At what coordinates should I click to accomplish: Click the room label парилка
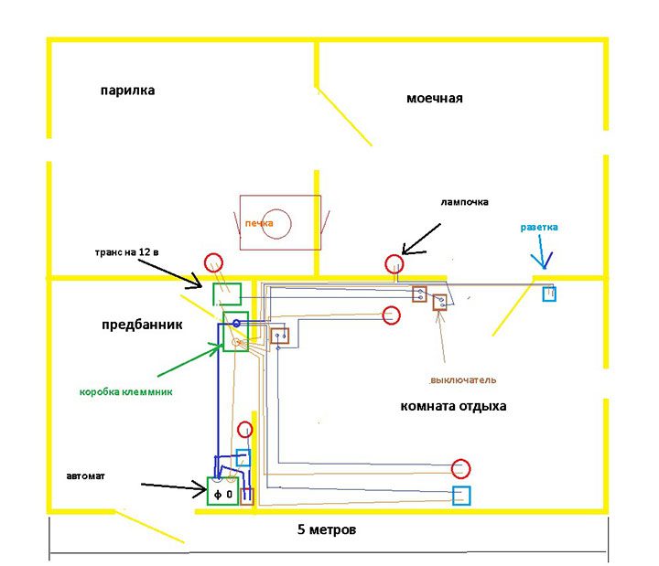127,91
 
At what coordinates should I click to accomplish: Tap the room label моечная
435,98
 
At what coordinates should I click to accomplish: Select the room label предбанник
142,325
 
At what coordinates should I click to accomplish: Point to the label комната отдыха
453,406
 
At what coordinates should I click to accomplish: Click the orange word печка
259,223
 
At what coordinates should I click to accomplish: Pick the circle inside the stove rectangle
276,224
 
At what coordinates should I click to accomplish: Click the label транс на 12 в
126,252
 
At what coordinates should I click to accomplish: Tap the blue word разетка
539,227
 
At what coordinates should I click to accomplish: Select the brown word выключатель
463,380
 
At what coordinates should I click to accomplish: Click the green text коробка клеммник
126,392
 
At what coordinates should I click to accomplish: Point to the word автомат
85,476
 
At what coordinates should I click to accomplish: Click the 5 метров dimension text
327,529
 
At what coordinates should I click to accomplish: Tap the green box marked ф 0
222,491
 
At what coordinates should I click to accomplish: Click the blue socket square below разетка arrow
549,294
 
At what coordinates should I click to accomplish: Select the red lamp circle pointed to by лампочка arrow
394,264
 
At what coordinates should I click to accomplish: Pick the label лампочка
464,202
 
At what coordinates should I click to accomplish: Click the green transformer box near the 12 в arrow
227,294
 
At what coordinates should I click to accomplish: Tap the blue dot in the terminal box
236,324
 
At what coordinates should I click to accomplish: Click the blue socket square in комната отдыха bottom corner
461,496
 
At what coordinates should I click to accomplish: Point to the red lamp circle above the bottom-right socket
460,468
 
